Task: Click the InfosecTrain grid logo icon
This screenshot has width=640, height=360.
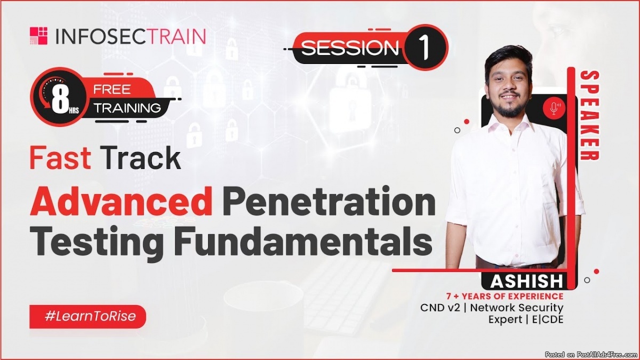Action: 38,36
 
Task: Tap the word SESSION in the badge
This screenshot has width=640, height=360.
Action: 349,47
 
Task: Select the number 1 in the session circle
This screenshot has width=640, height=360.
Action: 425,47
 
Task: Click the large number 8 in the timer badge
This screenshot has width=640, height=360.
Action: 60,98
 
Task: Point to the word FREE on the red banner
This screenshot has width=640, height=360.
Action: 112,90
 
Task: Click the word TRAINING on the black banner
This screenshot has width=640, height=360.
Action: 127,108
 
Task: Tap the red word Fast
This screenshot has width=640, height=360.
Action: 60,158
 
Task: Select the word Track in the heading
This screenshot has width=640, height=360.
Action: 141,158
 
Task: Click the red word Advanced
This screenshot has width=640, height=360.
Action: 122,201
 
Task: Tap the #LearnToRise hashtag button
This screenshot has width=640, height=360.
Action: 87,316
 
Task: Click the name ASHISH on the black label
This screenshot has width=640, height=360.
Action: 526,281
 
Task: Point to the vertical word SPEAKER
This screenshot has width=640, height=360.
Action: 589,115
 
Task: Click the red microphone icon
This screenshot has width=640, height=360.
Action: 554,108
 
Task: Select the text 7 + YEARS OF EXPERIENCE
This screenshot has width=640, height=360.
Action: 505,297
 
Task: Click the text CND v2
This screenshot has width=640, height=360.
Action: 441,308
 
